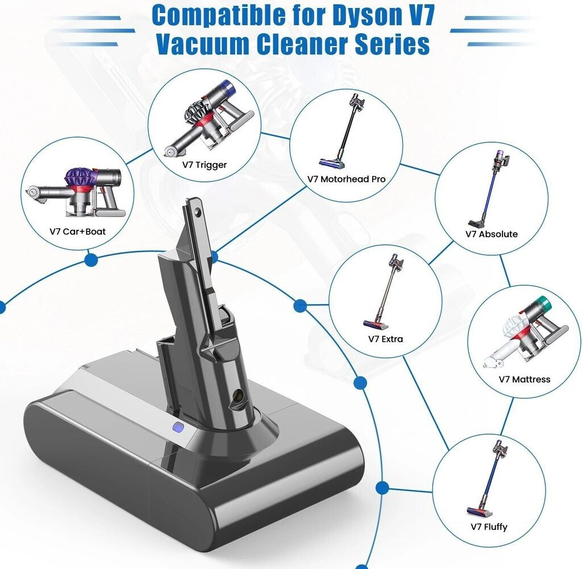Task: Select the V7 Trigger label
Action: click(x=205, y=164)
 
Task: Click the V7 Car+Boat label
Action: click(x=77, y=231)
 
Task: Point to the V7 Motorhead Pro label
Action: click(x=346, y=179)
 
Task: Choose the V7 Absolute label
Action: click(x=492, y=234)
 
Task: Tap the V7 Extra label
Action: click(x=385, y=339)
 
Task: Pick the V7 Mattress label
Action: click(x=525, y=379)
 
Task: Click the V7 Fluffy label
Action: click(x=489, y=527)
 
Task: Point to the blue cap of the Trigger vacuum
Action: click(x=227, y=88)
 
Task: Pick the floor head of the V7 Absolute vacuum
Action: click(x=477, y=222)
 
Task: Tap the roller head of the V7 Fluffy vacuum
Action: click(x=479, y=512)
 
